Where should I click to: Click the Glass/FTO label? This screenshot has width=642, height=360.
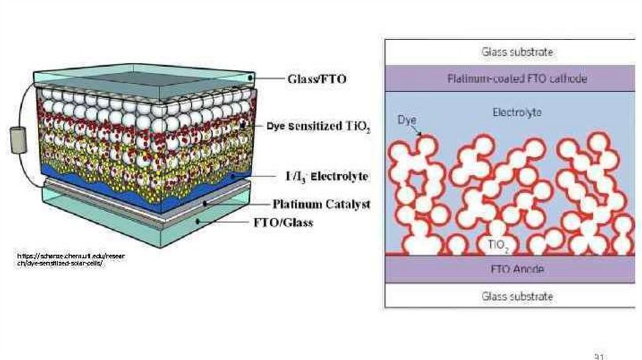[x=316, y=80]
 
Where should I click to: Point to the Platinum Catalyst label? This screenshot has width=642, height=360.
[x=321, y=204]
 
